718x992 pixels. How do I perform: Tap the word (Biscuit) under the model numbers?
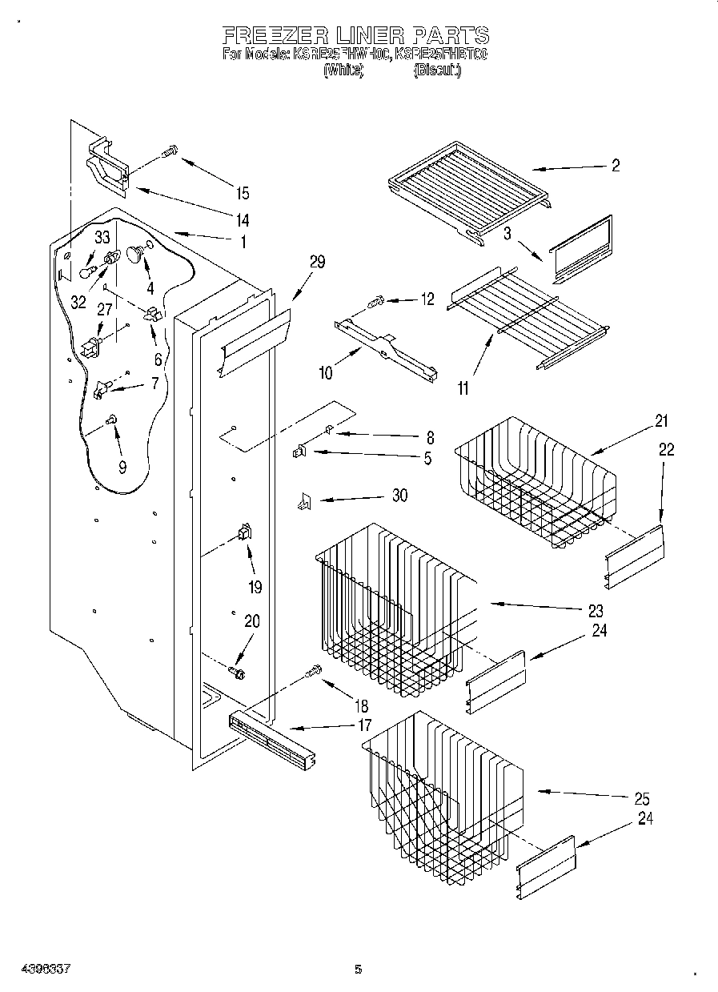436,71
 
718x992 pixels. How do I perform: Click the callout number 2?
615,166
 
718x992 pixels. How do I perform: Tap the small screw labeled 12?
376,302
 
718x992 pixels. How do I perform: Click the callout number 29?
317,262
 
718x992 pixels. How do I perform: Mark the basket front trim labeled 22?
635,555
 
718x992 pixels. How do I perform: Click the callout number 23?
595,611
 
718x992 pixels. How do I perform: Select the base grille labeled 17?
271,737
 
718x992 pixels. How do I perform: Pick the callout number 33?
102,237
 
